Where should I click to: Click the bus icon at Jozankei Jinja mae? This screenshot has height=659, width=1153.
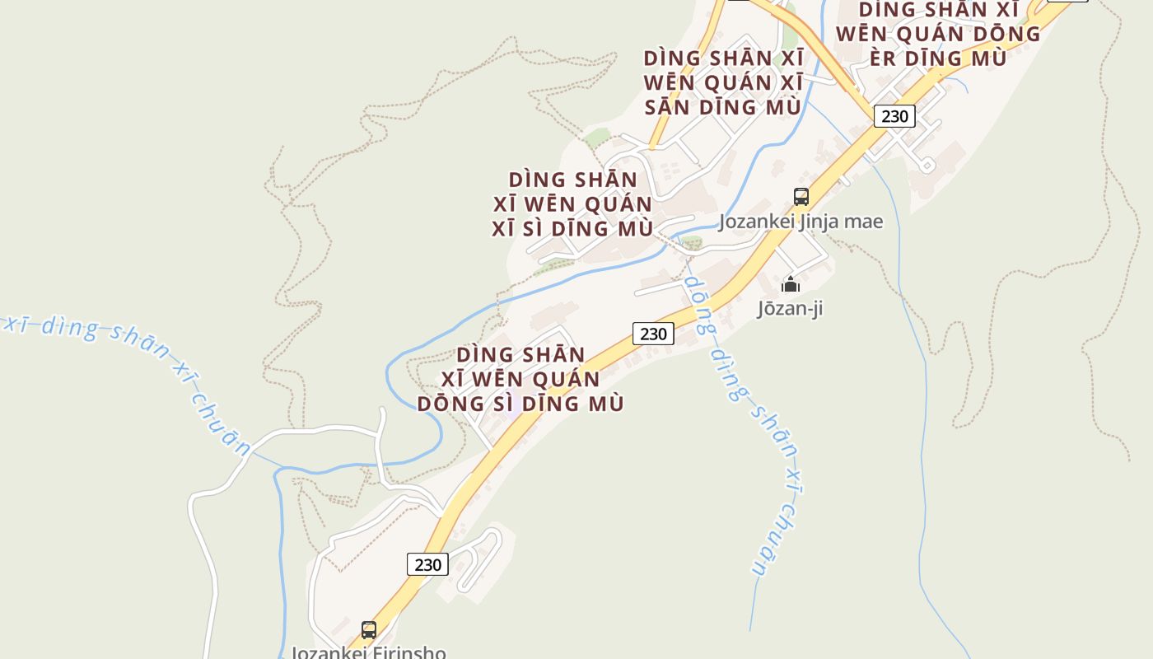click(x=801, y=197)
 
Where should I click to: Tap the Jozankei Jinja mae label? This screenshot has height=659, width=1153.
click(x=801, y=222)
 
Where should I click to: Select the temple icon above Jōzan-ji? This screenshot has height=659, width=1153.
click(x=791, y=285)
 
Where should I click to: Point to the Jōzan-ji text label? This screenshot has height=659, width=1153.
click(x=790, y=309)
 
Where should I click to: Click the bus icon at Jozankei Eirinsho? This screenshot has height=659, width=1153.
click(x=369, y=630)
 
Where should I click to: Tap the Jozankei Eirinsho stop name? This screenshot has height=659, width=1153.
click(x=368, y=652)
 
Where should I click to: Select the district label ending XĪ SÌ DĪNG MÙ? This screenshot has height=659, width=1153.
click(x=572, y=203)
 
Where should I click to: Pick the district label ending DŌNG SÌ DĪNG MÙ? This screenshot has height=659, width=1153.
click(x=520, y=379)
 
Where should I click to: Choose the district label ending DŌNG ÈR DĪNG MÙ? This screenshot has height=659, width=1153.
click(x=938, y=34)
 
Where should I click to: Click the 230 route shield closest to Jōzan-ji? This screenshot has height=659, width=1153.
click(x=653, y=334)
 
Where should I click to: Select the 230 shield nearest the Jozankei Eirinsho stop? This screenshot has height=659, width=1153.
click(x=427, y=564)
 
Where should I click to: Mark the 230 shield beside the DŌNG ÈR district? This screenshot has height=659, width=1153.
click(x=894, y=116)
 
